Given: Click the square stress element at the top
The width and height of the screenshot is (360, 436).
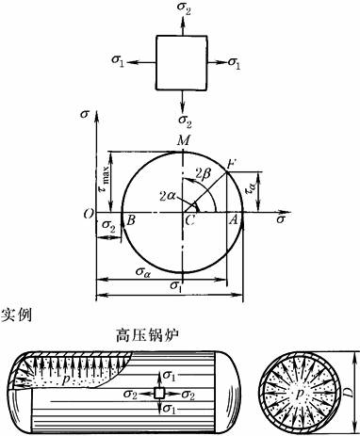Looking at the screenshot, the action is [182, 63].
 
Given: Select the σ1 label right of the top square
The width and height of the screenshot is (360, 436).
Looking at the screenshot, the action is [234, 63].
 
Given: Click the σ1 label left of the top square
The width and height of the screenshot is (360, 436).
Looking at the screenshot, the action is [118, 61].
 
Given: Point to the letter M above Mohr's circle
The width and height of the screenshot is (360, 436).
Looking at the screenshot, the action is [183, 140].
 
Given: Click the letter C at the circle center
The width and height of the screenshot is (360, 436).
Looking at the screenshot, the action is [189, 220].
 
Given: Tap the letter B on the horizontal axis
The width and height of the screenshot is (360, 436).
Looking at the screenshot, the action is [131, 220].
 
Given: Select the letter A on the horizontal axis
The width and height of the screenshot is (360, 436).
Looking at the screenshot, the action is [233, 220].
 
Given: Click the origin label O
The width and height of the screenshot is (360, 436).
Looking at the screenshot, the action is [90, 215].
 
